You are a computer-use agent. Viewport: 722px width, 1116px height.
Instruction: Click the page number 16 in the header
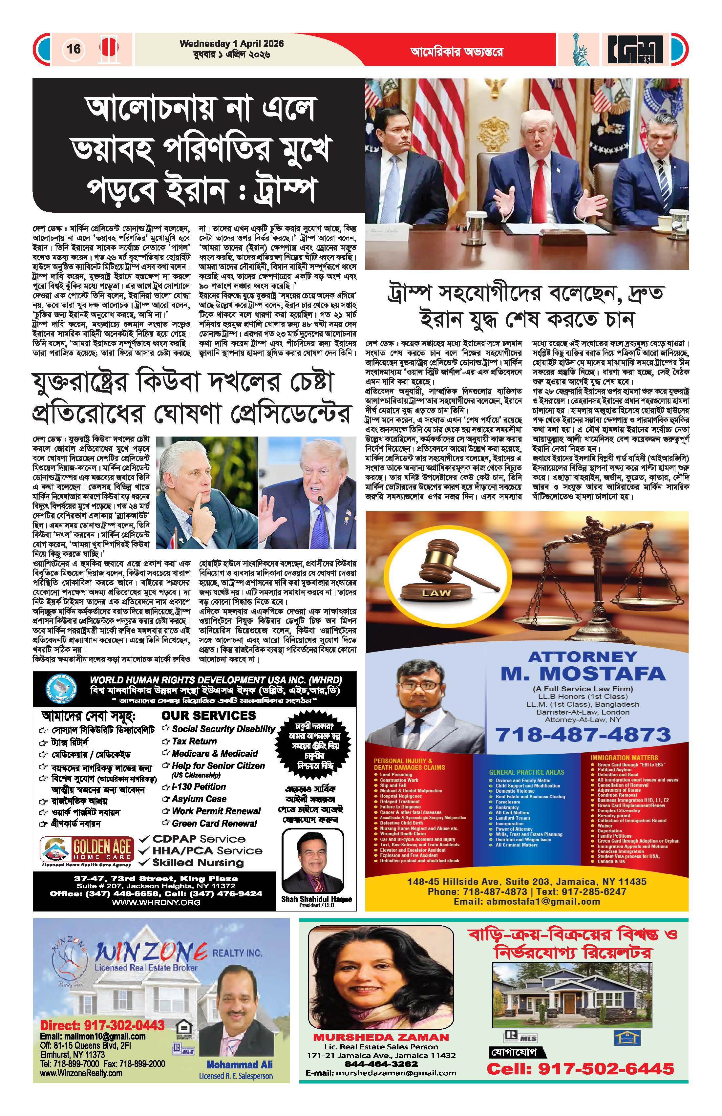pyautogui.click(x=74, y=49)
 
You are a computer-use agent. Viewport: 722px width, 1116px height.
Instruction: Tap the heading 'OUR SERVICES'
pyautogui.click(x=209, y=716)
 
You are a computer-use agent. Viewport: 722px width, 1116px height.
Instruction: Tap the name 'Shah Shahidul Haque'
pyautogui.click(x=316, y=899)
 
